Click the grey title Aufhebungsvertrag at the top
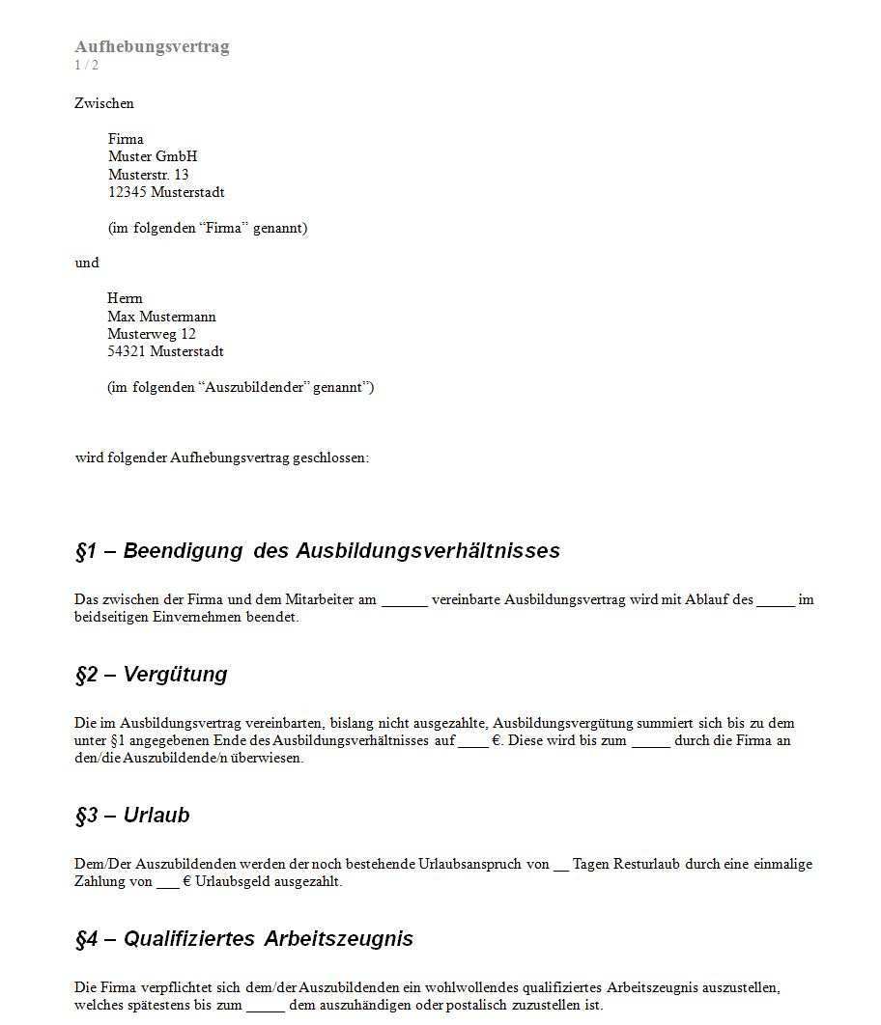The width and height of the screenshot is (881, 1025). coord(152,46)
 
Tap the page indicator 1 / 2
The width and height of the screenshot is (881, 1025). coord(86,65)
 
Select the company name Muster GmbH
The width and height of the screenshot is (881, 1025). coord(153,156)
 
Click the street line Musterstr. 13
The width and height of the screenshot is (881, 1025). coord(148,175)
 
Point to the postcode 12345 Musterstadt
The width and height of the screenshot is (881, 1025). coord(166,192)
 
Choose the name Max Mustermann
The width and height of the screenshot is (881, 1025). coord(161,317)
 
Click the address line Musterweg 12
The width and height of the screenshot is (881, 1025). coord(151,334)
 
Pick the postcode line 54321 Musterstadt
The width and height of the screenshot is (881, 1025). coord(165,351)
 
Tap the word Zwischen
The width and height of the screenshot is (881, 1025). coord(104,103)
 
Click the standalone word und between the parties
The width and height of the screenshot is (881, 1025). coord(87,263)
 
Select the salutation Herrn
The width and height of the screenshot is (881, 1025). coord(125,298)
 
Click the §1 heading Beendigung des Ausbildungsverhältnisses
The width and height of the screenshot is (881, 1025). coord(317,551)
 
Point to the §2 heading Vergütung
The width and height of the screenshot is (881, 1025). coord(151,675)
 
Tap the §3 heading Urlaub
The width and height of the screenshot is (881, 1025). coord(132,816)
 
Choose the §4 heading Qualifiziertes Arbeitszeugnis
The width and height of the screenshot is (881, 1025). coord(243,939)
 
